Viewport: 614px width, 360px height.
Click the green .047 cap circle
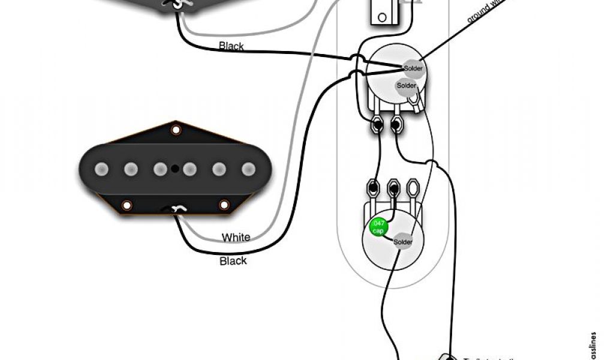click(378, 227)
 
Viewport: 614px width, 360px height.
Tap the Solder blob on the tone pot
click(403, 242)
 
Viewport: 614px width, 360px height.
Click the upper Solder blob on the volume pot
click(413, 68)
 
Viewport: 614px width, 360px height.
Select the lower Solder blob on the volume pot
click(406, 86)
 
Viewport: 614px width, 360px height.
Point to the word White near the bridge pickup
click(236, 238)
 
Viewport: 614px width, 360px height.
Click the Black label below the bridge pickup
click(233, 261)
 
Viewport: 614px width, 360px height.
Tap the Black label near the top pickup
click(231, 46)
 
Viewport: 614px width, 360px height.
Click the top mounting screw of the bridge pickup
click(176, 130)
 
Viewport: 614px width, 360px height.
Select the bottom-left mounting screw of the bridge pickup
click(127, 205)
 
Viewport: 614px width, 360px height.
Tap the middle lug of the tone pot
click(394, 187)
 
